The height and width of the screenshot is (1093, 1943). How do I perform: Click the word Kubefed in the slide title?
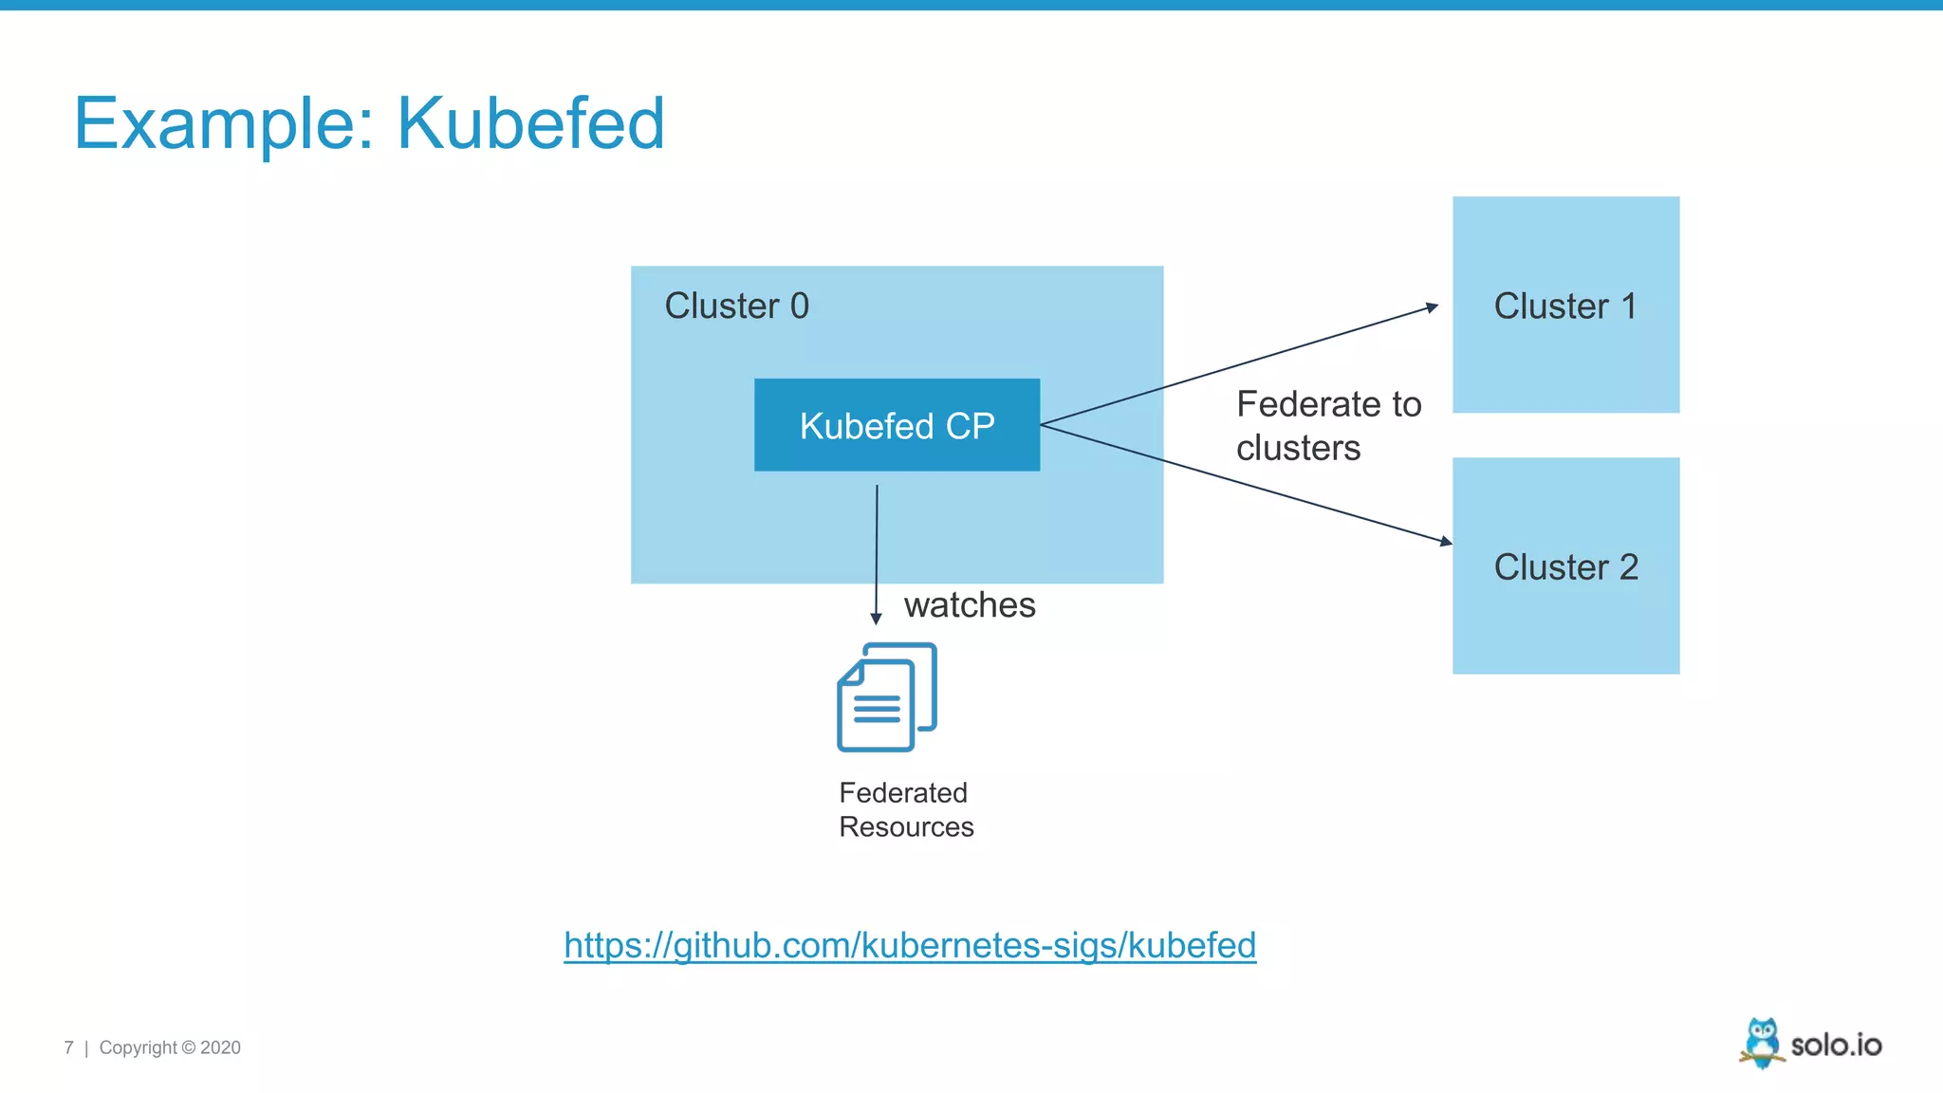[x=530, y=123]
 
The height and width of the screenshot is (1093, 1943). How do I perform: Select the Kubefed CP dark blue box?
[x=897, y=425]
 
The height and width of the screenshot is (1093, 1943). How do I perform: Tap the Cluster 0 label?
[x=736, y=306]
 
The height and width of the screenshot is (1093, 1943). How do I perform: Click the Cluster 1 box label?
[x=1565, y=306]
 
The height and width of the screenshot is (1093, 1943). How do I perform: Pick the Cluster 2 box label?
[x=1565, y=567]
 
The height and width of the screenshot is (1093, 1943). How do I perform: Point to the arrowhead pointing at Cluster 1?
[x=1433, y=307]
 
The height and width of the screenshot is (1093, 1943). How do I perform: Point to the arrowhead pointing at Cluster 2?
[x=1446, y=542]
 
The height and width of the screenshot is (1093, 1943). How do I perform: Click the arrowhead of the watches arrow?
[x=876, y=619]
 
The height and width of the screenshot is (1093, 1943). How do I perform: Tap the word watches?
[x=969, y=605]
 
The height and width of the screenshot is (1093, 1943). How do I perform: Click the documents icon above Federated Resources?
[x=886, y=697]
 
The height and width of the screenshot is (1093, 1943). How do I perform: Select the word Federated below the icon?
[x=902, y=792]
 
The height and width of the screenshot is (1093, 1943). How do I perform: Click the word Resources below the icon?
[x=906, y=827]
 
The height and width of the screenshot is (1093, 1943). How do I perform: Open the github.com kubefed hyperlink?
[x=910, y=945]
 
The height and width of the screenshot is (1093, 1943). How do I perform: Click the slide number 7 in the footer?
[x=68, y=1047]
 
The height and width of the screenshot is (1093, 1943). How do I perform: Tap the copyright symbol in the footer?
[x=188, y=1047]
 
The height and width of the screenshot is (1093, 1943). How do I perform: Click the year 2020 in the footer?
[x=220, y=1047]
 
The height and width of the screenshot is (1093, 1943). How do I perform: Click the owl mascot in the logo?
[x=1762, y=1043]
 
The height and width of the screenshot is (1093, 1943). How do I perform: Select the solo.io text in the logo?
[x=1836, y=1045]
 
